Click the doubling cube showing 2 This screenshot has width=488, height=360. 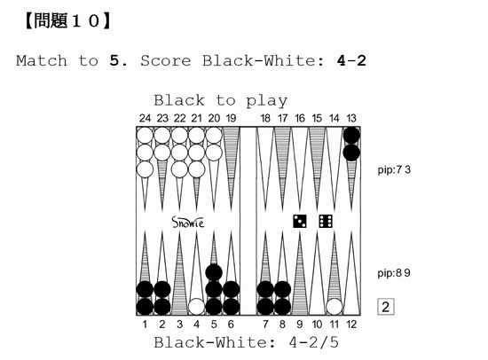(386, 307)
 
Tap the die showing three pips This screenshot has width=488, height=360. (300, 221)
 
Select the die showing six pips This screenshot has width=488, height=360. (326, 221)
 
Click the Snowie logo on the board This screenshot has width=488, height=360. (188, 223)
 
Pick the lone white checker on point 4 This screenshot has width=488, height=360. (196, 307)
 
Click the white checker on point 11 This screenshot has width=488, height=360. (335, 307)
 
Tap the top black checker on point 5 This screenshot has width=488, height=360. (214, 272)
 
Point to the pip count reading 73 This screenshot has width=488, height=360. (394, 170)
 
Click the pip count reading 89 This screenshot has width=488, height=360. (394, 273)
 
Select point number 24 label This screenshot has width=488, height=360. (145, 118)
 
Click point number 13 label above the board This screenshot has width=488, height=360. (351, 118)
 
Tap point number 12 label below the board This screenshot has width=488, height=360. (351, 325)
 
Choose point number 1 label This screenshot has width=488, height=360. (145, 325)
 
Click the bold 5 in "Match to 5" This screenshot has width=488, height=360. (114, 60)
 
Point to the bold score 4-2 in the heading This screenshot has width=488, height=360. (351, 60)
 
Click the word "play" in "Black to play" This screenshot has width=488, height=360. (267, 101)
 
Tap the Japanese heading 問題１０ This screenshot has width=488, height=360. (67, 21)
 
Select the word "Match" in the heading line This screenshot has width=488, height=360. (42, 60)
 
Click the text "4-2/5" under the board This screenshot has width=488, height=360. (313, 342)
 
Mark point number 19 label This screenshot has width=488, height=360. (231, 118)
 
